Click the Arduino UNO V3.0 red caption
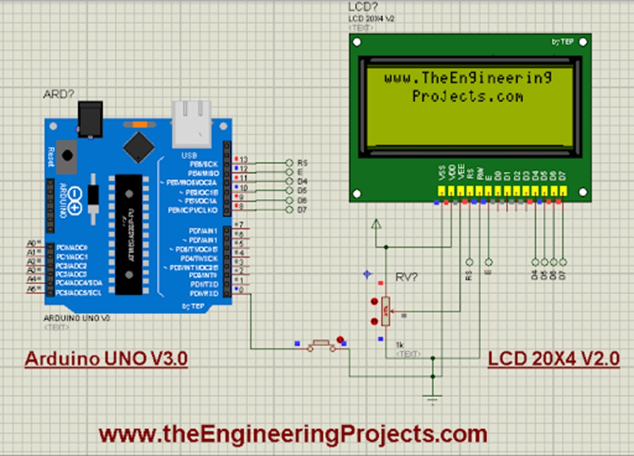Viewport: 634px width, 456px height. pos(106,359)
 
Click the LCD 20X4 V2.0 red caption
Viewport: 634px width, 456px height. pos(554,359)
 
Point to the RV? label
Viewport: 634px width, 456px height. pos(407,277)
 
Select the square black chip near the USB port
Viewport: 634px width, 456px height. pos(139,147)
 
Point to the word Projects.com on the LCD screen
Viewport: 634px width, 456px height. pos(467,97)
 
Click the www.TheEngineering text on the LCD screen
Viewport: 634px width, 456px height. pos(467,78)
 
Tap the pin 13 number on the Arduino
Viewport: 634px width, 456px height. pos(244,159)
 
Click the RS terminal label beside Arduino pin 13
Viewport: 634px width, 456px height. pos(303,162)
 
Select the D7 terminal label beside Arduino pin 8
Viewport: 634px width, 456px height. pos(303,211)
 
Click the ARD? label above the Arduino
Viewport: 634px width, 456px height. pos(58,94)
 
